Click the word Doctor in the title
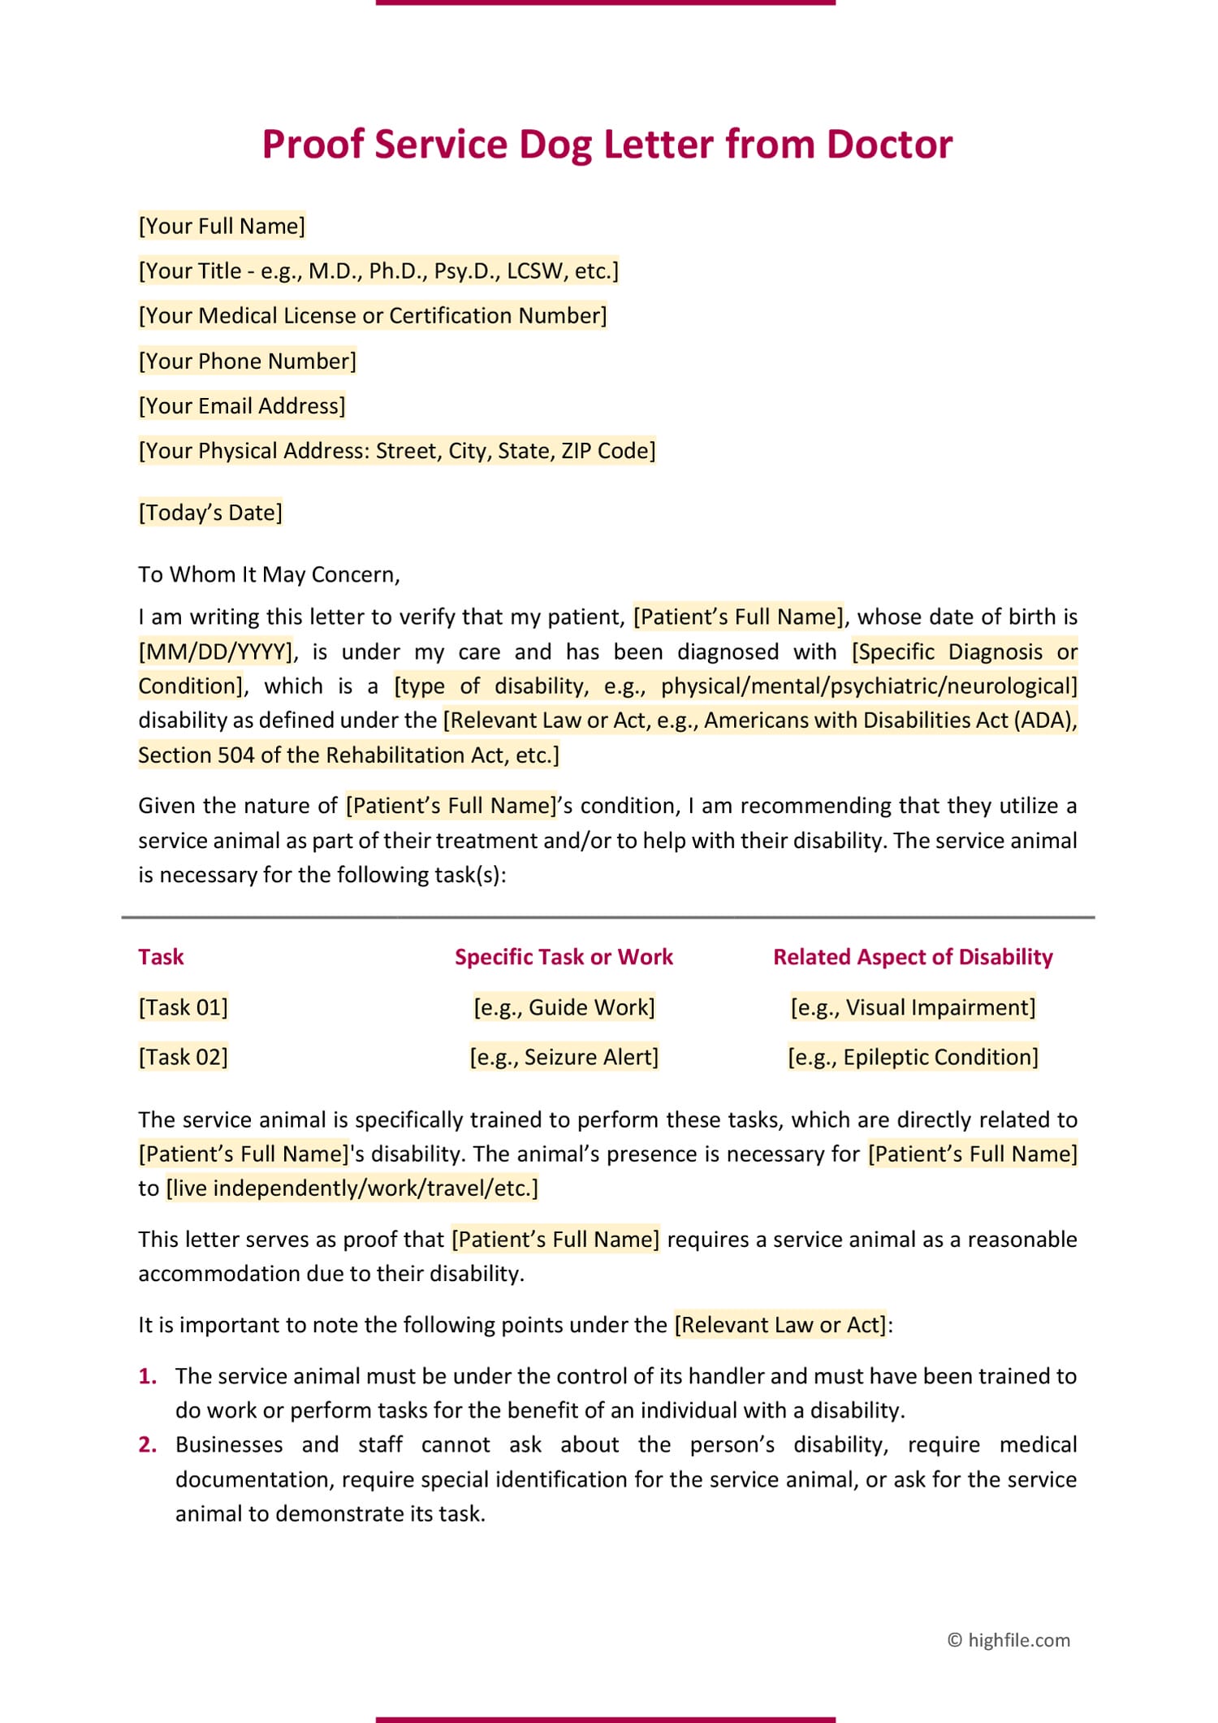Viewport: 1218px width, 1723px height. coord(889,145)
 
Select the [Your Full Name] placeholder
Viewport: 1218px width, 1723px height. coord(222,226)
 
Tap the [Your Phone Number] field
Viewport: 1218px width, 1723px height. coord(247,361)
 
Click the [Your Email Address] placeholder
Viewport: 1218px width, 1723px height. coord(242,405)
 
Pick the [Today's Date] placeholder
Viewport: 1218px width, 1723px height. coord(210,513)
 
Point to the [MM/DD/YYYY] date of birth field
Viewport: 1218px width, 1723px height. coord(215,652)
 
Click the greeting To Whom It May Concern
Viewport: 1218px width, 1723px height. coord(269,574)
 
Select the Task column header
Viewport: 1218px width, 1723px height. coord(161,957)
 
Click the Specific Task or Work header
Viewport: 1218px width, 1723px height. coord(564,957)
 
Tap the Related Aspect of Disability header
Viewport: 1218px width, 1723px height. coord(913,957)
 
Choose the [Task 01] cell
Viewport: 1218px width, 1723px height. coord(183,1007)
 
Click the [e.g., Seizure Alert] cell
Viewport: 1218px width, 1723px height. coord(564,1057)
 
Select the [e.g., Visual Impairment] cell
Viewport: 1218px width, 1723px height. coord(913,1007)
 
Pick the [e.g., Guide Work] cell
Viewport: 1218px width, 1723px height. coord(564,1007)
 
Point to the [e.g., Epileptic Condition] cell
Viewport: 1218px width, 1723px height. coord(913,1057)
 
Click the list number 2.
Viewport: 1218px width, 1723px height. coord(147,1444)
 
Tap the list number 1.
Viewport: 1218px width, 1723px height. coord(147,1375)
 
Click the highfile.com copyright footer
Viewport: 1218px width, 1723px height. coord(1009,1640)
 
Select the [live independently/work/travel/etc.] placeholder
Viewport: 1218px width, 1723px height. coord(352,1188)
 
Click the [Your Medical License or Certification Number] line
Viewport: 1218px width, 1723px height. coord(373,315)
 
